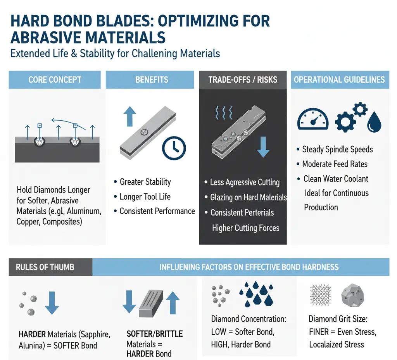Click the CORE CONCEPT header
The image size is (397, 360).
point(55,80)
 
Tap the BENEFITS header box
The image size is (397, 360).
point(152,80)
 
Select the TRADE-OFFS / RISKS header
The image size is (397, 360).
point(243,80)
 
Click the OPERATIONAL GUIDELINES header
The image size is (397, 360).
point(339,80)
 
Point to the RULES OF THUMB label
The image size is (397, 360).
point(45,267)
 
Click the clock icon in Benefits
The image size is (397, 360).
point(174,148)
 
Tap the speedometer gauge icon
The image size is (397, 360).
point(312,119)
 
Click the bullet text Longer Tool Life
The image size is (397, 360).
point(145,197)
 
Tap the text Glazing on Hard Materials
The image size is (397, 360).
point(248,197)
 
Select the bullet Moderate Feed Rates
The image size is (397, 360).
point(335,164)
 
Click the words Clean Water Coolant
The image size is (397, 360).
point(336,179)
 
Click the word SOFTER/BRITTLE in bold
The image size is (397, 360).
point(155,334)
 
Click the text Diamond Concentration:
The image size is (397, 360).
point(249,319)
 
